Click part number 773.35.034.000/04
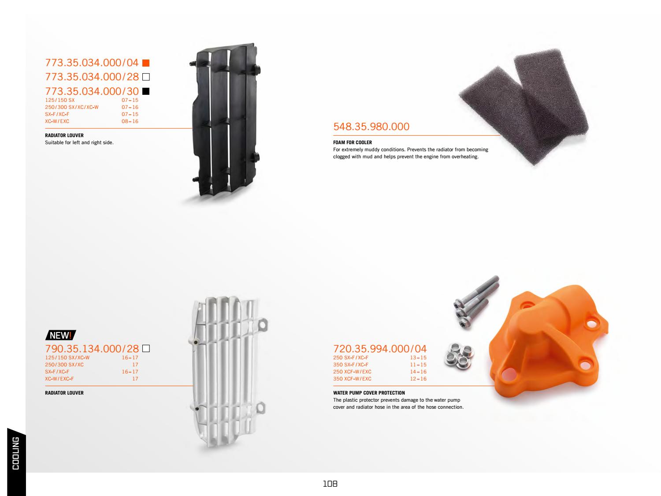click(x=92, y=63)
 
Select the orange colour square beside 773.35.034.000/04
click(x=146, y=63)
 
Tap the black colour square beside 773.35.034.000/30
click(x=146, y=92)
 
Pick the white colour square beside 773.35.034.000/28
click(x=146, y=77)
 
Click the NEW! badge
click(x=61, y=335)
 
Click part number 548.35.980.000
click(x=371, y=127)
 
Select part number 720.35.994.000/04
click(x=380, y=348)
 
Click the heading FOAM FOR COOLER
click(x=353, y=142)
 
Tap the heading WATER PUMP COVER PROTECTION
click(x=369, y=393)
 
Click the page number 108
click(x=330, y=484)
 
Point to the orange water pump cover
click(x=549, y=342)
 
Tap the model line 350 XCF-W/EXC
click(x=352, y=379)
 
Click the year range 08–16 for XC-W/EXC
click(x=130, y=121)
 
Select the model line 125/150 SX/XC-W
click(x=67, y=358)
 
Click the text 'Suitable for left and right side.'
click(x=79, y=142)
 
